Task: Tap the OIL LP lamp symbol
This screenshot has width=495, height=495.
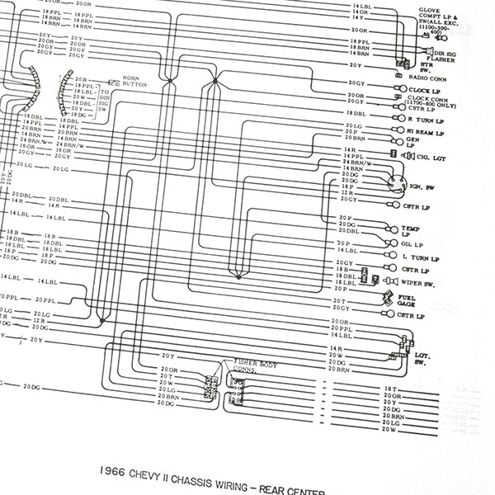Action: click(388, 244)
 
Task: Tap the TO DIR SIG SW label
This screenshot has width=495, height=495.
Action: click(102, 98)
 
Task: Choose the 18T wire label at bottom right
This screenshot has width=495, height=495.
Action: click(390, 387)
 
